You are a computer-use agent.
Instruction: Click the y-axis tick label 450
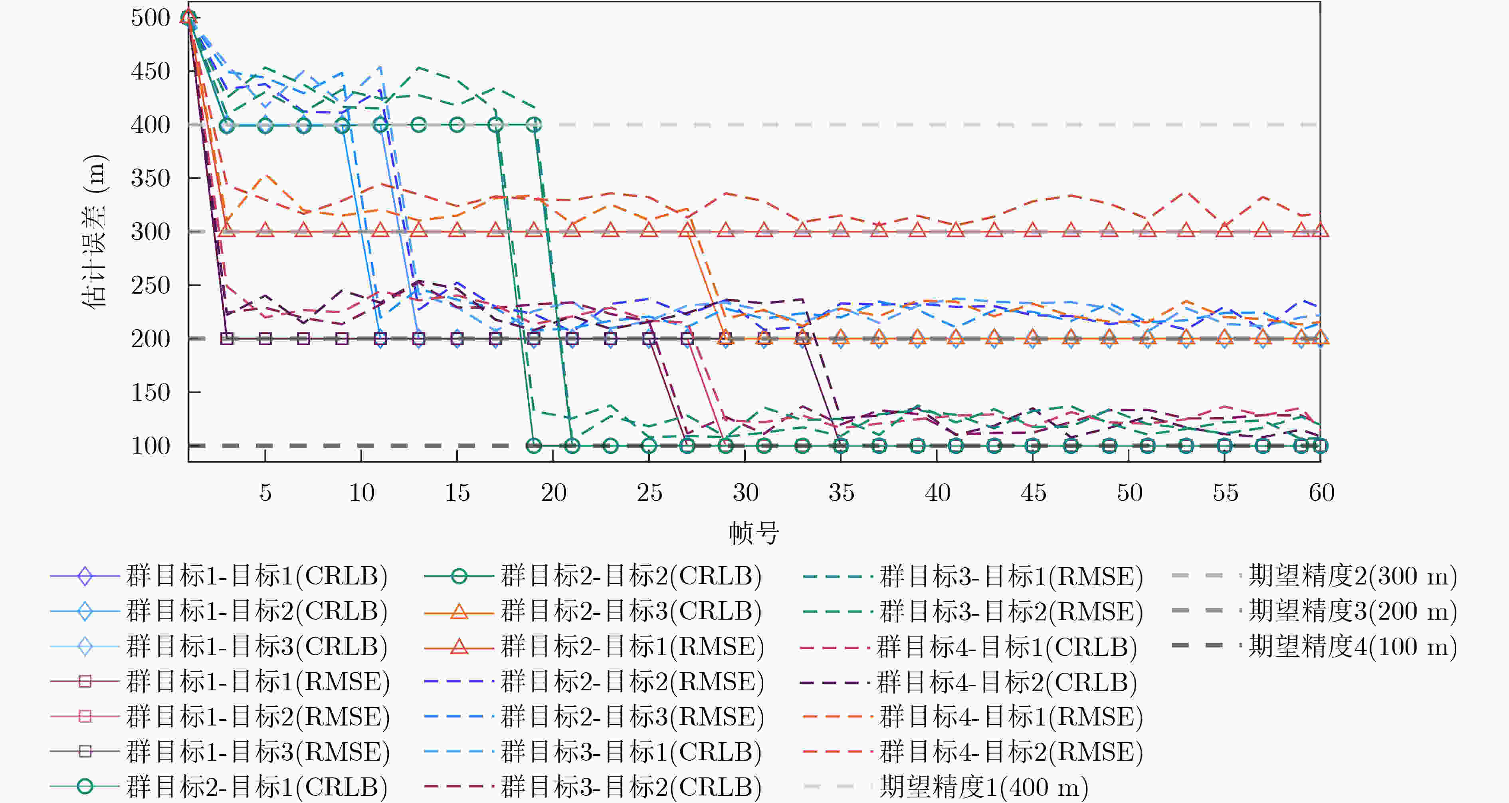tap(151, 72)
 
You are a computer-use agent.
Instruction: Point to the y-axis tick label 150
tap(151, 392)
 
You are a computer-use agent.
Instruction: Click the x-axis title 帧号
tap(754, 533)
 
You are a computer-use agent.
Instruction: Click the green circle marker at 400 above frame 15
tap(457, 125)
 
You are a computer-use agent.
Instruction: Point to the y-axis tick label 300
tap(151, 232)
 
